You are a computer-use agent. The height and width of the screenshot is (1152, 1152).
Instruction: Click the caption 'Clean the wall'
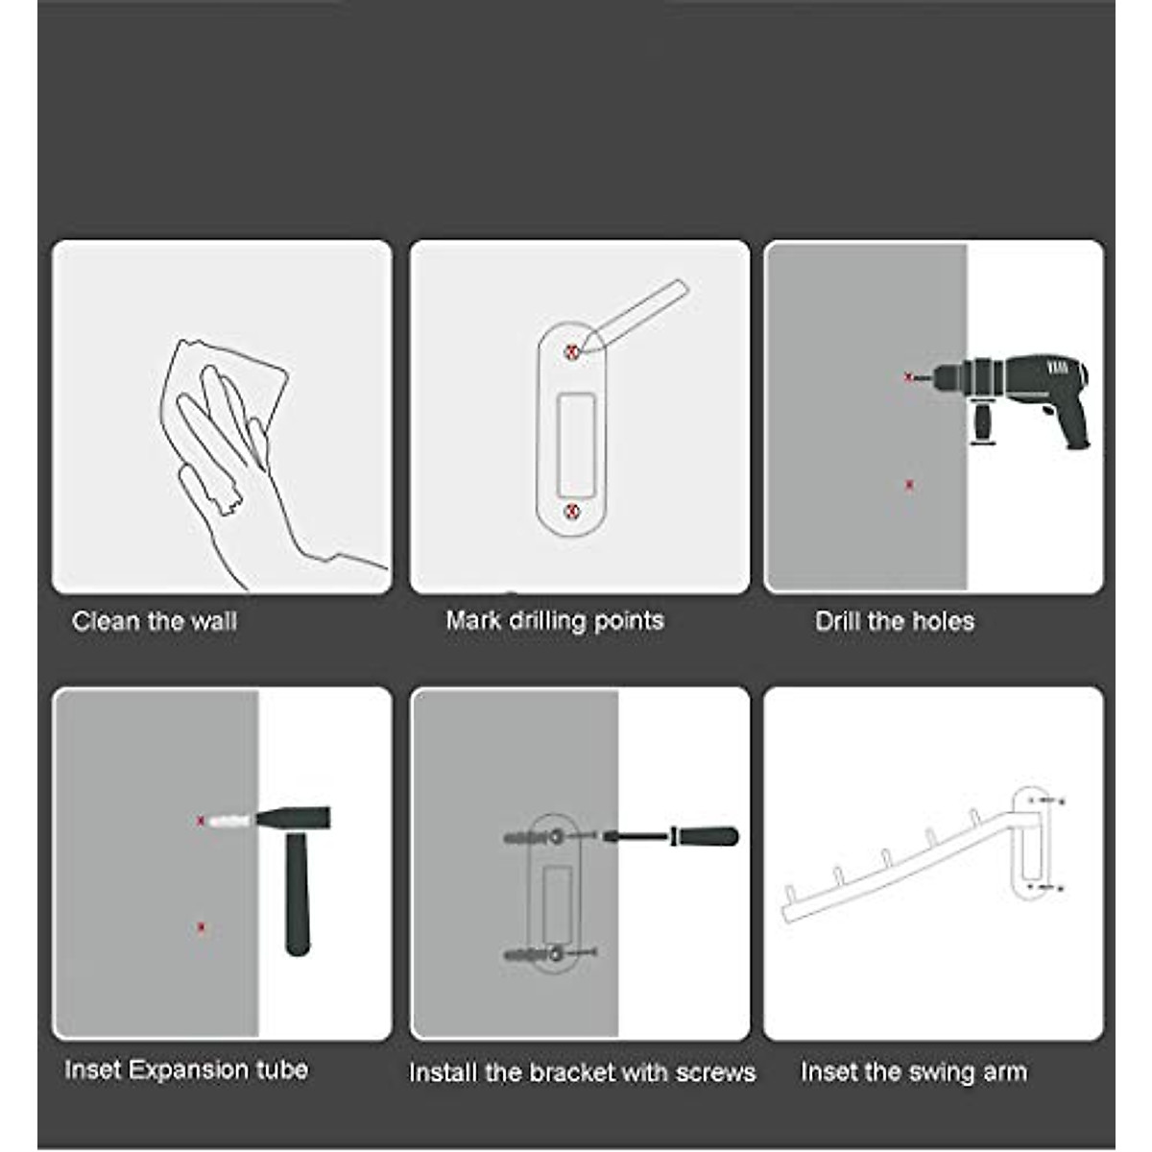(154, 621)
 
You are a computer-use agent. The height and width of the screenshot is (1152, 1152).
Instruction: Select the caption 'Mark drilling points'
(554, 620)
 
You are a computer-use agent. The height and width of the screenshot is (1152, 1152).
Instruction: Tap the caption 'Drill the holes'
(894, 621)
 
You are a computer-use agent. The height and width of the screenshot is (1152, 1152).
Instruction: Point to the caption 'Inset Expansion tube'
(186, 1069)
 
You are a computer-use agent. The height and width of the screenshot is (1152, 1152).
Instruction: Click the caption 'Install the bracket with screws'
(582, 1072)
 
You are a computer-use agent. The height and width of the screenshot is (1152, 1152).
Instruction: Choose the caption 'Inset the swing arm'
(913, 1071)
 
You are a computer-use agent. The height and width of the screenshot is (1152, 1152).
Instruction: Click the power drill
(1018, 389)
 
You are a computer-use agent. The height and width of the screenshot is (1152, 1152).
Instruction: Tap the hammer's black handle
(298, 893)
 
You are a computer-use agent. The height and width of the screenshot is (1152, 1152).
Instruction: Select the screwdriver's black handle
(705, 836)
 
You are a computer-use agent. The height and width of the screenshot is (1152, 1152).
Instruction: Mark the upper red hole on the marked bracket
(572, 352)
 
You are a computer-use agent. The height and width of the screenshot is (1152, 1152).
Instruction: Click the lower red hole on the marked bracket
(572, 511)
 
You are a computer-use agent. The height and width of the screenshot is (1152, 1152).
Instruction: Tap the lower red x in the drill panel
(909, 485)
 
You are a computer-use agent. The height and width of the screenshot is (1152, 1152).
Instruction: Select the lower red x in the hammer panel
(202, 926)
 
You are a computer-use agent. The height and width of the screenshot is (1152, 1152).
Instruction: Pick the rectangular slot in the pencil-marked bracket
(575, 432)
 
